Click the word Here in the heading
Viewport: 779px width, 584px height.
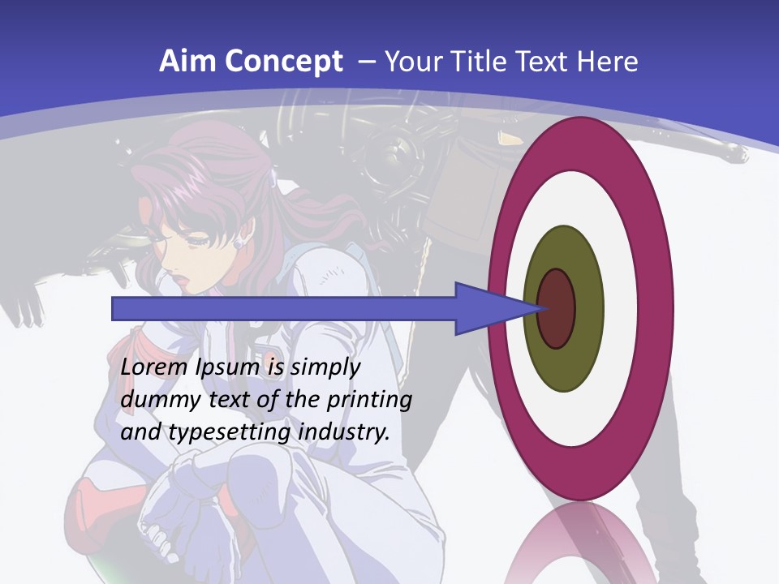608,62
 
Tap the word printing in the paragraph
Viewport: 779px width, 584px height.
368,401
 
